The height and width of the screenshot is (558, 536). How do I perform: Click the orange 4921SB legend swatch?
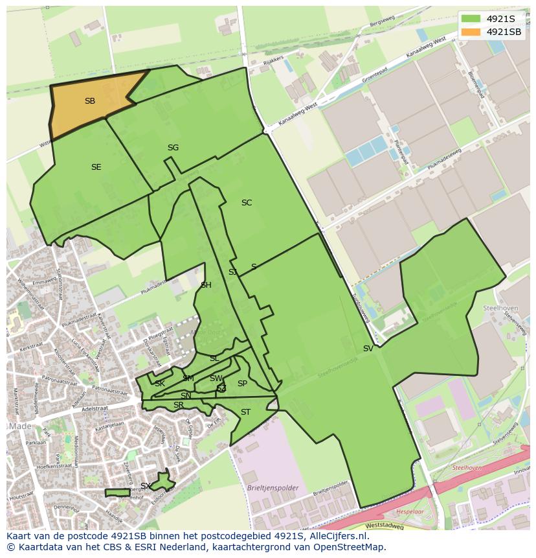point(471,32)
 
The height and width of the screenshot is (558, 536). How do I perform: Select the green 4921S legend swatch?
point(471,19)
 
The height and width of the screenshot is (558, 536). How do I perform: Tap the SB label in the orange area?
point(90,101)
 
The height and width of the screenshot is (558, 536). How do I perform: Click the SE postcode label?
point(96,167)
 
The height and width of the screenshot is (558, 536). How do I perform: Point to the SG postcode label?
point(173,148)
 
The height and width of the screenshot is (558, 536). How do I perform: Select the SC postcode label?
point(246,203)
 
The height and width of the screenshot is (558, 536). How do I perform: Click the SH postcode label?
point(206,285)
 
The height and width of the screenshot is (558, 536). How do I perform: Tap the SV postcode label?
point(368,349)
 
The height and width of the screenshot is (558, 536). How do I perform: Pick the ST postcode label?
point(245,412)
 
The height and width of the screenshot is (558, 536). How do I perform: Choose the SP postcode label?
point(242,384)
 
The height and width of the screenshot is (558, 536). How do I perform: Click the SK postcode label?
point(159,384)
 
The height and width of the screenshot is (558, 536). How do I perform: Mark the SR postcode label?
point(178,406)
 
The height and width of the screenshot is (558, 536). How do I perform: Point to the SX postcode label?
point(146,486)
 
